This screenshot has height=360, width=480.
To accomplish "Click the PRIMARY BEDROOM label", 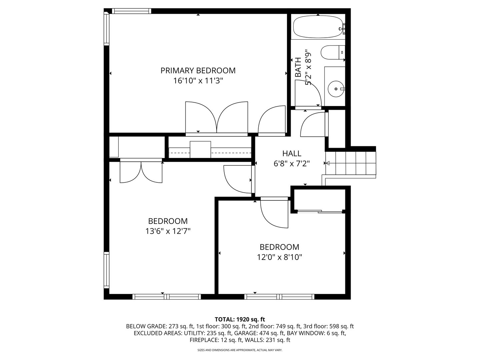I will pos(198,71).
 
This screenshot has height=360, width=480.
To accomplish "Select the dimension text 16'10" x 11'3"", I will pos(198,81).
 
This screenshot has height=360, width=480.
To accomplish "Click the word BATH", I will pos(298,68).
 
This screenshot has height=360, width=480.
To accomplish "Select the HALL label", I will pos(292,154).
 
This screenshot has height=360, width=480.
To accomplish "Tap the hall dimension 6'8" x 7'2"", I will pos(292,164).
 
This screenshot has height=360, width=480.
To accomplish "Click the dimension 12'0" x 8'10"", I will pos(279,257).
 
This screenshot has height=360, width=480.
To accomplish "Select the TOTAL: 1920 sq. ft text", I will pos(240,319).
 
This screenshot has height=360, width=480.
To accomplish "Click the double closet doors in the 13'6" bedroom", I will pos(141,172).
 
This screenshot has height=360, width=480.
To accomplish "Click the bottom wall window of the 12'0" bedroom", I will pos(279,297).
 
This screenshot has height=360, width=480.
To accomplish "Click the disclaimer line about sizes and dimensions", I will pos(240,350).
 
